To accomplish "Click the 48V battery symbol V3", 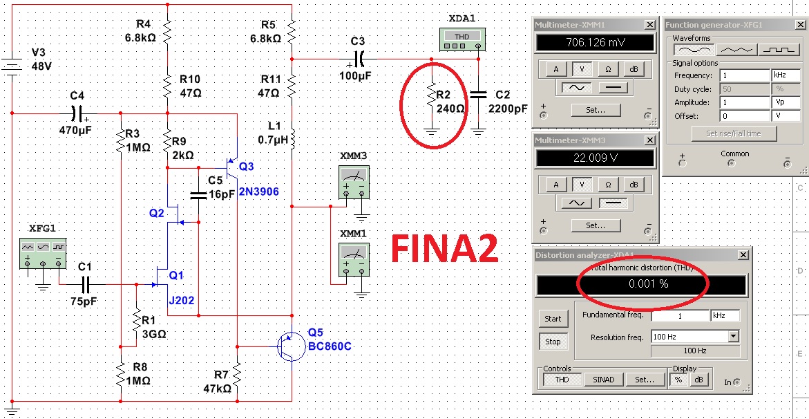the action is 11,66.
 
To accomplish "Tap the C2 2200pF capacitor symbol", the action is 478,95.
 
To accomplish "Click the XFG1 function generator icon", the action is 43,254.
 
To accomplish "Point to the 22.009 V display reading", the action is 596,158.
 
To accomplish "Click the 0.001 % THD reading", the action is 641,284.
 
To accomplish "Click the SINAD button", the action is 603,380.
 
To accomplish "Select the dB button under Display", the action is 698,380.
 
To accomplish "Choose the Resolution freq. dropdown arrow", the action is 734,336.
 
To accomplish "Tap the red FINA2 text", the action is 444,249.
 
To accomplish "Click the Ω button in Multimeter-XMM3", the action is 608,185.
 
